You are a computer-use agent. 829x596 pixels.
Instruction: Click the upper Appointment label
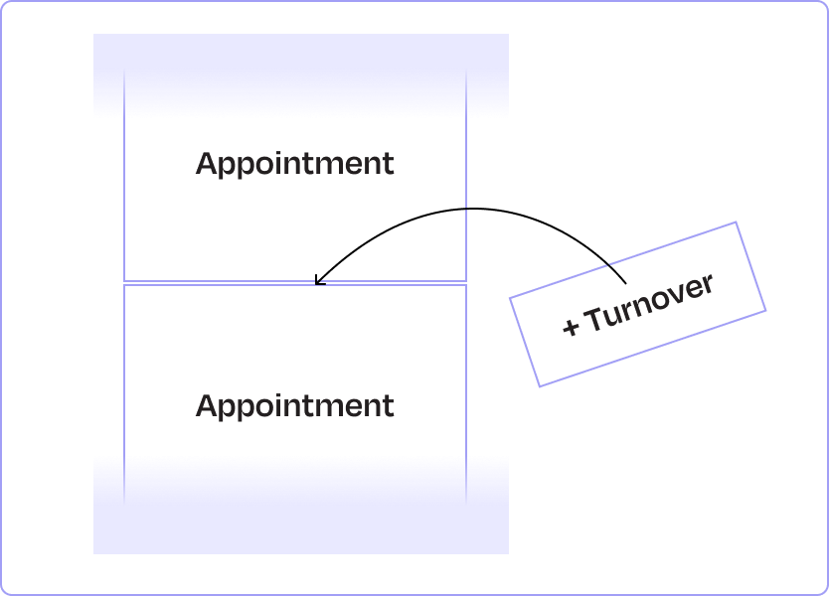[294, 164]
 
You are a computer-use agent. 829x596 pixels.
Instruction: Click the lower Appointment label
[294, 406]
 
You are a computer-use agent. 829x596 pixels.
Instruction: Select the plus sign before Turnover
[571, 327]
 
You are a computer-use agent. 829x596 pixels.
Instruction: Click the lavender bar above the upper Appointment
[301, 75]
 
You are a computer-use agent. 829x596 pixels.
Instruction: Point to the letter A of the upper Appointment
[207, 164]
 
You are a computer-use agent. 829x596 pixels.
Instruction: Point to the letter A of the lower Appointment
[207, 406]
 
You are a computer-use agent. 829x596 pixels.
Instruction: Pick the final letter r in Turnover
[708, 283]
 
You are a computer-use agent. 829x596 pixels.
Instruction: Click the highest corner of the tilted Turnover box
[737, 223]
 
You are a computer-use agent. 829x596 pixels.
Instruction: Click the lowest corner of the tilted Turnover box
[539, 385]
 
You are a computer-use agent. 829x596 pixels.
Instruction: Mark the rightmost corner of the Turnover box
[765, 310]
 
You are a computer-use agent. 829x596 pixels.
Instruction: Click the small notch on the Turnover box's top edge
[608, 264]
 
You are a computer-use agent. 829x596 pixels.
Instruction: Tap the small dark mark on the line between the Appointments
[320, 283]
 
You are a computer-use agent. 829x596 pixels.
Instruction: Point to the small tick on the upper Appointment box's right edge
[466, 209]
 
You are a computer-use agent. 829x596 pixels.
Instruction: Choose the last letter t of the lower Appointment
[388, 406]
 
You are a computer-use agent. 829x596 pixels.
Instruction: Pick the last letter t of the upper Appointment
[388, 164]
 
